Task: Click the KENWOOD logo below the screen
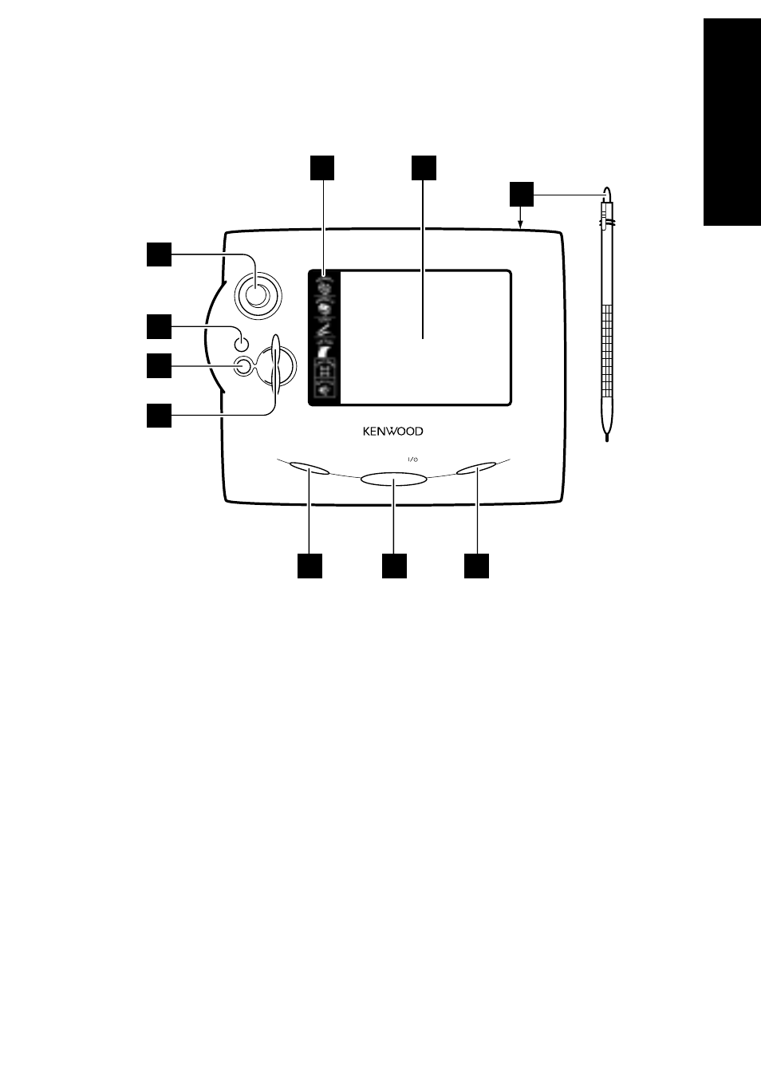click(393, 432)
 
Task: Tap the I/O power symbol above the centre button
click(413, 459)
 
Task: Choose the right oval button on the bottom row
click(477, 468)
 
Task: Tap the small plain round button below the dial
click(242, 344)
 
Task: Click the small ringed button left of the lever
click(243, 367)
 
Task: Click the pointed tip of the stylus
click(609, 434)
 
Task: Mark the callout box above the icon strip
click(322, 169)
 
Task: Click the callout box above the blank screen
click(424, 169)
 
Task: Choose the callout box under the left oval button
click(310, 565)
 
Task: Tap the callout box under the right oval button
click(477, 565)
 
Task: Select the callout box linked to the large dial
click(158, 254)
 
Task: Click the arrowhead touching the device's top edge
click(521, 225)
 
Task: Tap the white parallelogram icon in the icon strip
click(325, 351)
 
